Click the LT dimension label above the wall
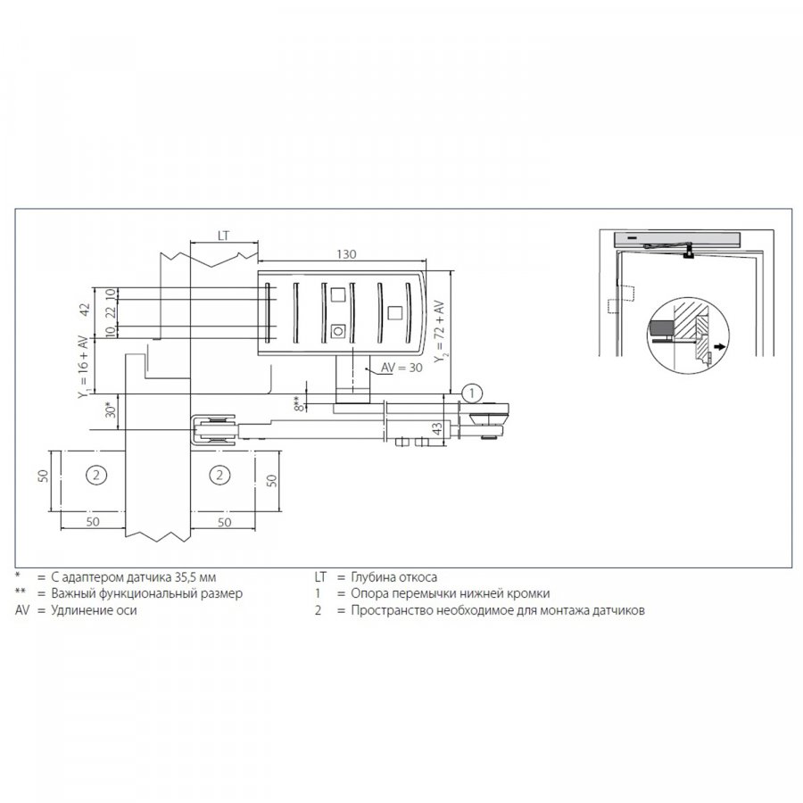tap(223, 236)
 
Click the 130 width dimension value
tap(346, 254)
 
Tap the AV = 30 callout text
tap(401, 368)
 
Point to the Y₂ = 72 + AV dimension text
tap(439, 332)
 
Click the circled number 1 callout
tap(472, 393)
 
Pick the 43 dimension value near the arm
tap(437, 428)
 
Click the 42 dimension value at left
tap(85, 310)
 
